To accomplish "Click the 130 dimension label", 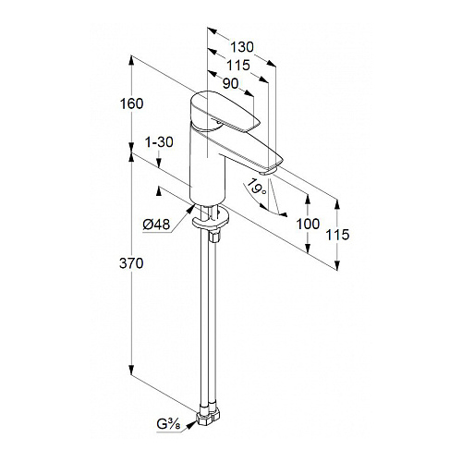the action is click(x=242, y=47).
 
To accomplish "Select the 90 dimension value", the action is click(x=230, y=83).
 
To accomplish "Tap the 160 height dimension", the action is click(x=131, y=103).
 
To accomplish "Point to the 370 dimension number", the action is click(x=131, y=263).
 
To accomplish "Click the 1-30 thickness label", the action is click(x=159, y=142).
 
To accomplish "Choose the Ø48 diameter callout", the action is click(x=156, y=225).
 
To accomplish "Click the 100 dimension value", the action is click(x=308, y=224).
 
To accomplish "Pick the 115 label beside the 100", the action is click(x=337, y=235).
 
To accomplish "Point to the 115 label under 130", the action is click(x=238, y=66).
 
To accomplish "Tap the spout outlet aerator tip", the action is click(x=267, y=171).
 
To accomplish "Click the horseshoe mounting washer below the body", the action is click(x=210, y=220).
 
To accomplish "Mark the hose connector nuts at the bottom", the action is click(x=208, y=417).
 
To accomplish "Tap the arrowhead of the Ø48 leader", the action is click(x=190, y=210).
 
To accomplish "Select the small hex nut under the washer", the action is click(x=214, y=237).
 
